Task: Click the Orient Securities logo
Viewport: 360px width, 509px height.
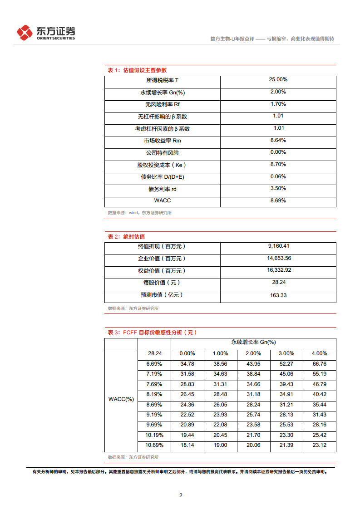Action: [x=46, y=33]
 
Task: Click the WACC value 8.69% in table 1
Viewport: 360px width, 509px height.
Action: [x=278, y=201]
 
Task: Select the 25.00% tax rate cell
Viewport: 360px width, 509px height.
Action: [x=278, y=79]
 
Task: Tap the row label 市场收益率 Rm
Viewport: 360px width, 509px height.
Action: [x=162, y=141]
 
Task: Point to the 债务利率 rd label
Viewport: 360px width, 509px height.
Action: [x=162, y=189]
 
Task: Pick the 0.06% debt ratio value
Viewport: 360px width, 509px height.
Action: [x=278, y=176]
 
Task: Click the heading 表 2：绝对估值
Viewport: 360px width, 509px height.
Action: [x=126, y=237]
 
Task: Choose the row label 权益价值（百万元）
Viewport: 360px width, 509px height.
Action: [x=162, y=271]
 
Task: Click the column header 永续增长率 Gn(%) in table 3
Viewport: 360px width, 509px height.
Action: [x=253, y=342]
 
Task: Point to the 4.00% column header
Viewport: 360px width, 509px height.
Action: [x=320, y=353]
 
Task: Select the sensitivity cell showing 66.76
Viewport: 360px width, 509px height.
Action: [x=320, y=364]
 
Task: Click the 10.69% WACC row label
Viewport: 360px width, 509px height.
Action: [x=154, y=445]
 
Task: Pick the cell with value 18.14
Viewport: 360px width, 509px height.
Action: [x=187, y=445]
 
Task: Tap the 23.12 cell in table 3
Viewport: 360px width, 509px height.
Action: [x=320, y=445]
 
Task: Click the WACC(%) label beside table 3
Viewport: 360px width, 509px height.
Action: [x=121, y=399]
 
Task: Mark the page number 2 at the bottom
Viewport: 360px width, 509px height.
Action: [x=181, y=495]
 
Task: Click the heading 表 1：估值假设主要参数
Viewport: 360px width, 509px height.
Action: [x=137, y=70]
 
